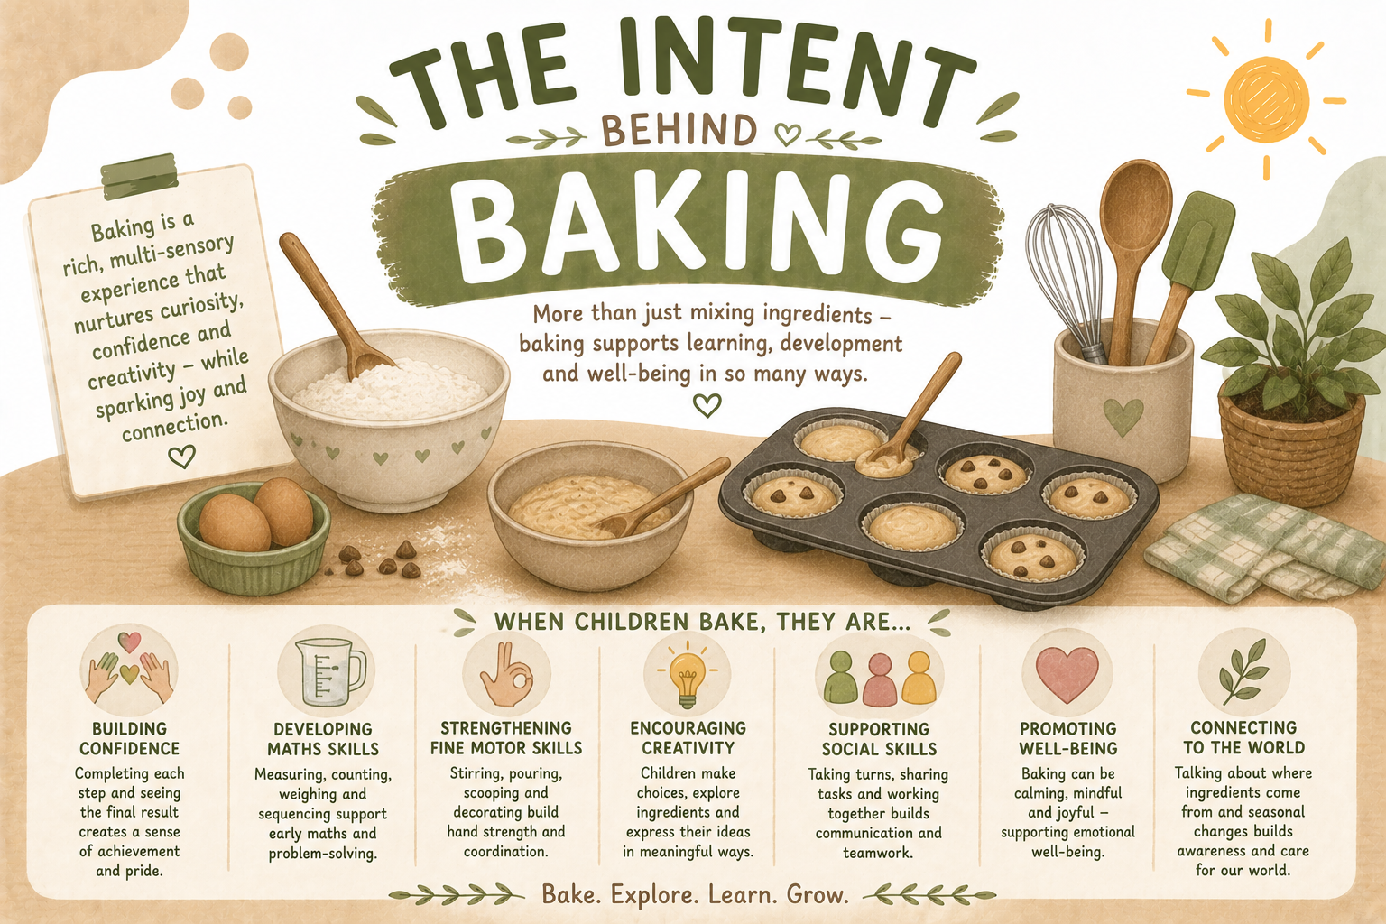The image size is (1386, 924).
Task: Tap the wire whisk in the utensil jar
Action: [1063, 273]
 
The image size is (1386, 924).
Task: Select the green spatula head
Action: [1198, 241]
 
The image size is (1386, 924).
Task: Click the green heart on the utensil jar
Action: [1123, 416]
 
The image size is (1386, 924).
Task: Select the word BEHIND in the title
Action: [679, 131]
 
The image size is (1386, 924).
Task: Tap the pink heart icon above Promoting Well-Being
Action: [1067, 675]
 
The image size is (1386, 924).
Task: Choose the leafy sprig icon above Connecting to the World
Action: [1243, 672]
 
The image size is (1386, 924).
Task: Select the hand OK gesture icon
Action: [507, 675]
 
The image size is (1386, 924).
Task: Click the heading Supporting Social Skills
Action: [879, 739]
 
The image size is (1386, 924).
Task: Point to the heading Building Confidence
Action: [129, 738]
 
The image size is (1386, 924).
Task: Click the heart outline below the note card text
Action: [182, 456]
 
